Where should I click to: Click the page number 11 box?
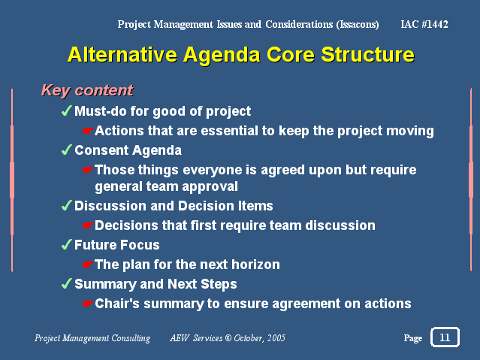click(445, 337)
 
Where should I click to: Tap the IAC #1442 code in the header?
click(424, 24)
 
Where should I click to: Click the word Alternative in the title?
click(122, 55)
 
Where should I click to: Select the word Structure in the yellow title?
click(367, 55)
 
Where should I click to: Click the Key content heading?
click(87, 90)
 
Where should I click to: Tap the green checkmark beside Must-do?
click(67, 110)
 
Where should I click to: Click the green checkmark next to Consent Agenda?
click(67, 150)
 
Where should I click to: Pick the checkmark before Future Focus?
click(67, 244)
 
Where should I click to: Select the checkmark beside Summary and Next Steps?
click(67, 283)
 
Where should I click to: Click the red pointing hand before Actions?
click(88, 131)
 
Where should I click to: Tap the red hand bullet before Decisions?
click(88, 225)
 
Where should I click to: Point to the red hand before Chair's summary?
click(88, 304)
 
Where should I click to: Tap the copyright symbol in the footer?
click(228, 338)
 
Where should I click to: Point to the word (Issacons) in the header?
click(358, 25)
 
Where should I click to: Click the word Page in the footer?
click(413, 338)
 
